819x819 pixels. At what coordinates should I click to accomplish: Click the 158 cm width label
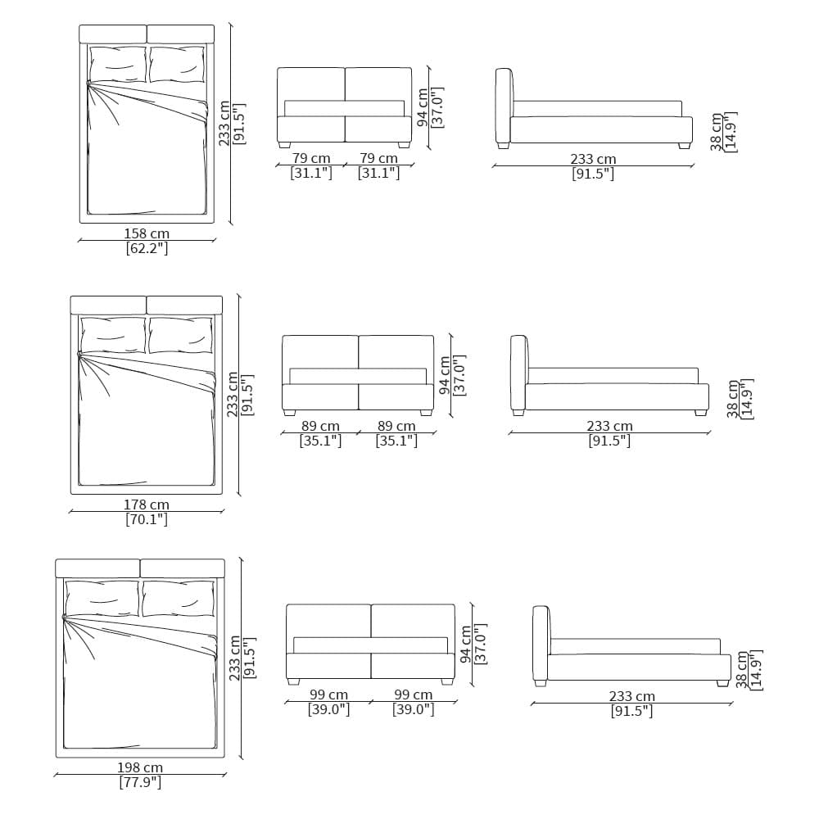pyautogui.click(x=147, y=233)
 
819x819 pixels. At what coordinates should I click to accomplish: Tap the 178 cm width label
pyautogui.click(x=147, y=505)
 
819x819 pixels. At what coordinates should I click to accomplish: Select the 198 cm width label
pyautogui.click(x=140, y=767)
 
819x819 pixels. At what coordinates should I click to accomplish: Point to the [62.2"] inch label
pyautogui.click(x=147, y=248)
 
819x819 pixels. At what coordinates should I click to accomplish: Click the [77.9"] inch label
pyautogui.click(x=140, y=782)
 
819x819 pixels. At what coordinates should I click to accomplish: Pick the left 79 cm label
pyautogui.click(x=311, y=158)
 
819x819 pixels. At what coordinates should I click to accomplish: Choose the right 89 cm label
pyautogui.click(x=396, y=426)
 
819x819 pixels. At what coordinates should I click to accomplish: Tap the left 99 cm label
pyautogui.click(x=328, y=695)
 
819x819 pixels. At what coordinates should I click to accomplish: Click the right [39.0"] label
pyautogui.click(x=413, y=709)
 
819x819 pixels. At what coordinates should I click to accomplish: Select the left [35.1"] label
pyautogui.click(x=320, y=441)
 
